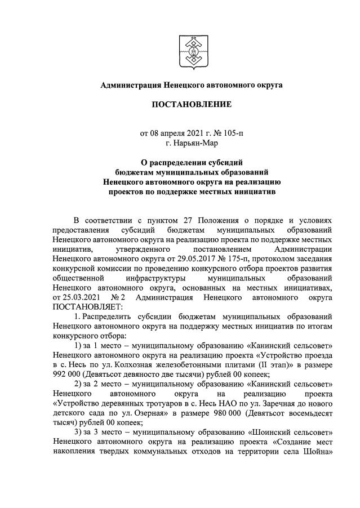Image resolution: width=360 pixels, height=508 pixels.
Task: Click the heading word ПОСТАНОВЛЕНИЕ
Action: [x=191, y=105]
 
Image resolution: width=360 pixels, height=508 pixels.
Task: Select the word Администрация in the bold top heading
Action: [x=130, y=86]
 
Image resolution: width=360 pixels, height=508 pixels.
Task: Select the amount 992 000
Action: [x=66, y=374]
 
